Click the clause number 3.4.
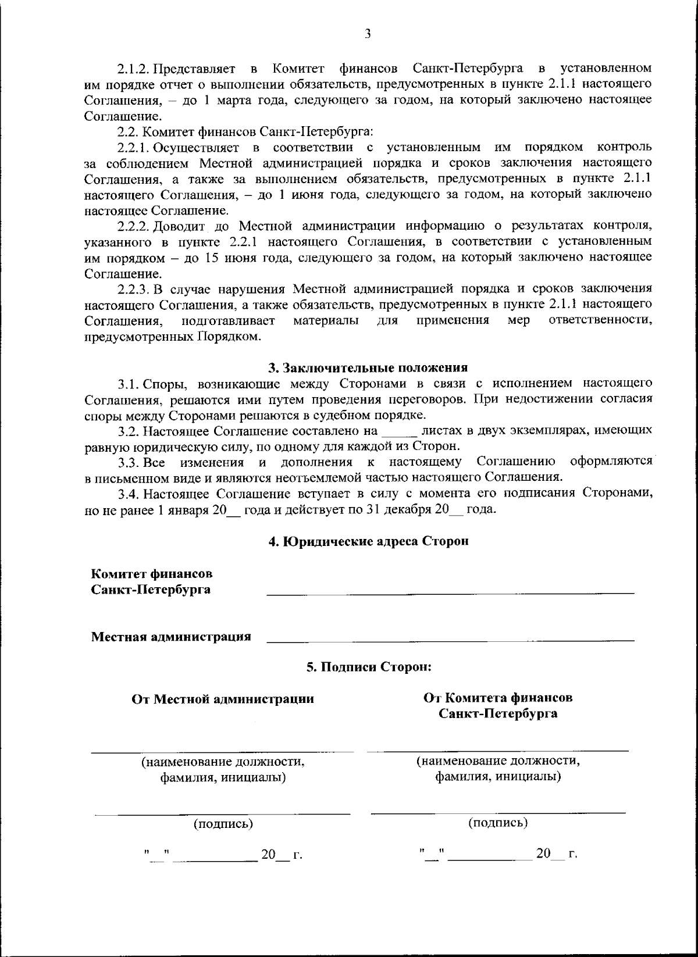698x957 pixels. [128, 494]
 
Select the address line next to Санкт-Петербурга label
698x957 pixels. [450, 593]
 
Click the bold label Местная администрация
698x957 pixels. [171, 636]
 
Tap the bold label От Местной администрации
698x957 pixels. [223, 699]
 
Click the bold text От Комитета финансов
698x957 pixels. [498, 697]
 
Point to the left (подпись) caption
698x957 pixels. [223, 824]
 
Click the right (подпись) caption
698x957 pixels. [498, 823]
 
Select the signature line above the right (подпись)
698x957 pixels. [498, 812]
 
